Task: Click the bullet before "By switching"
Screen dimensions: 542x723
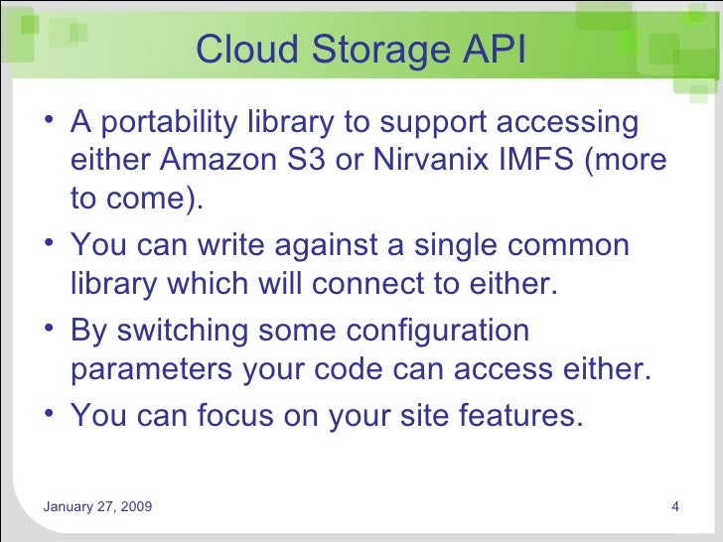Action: (x=50, y=329)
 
